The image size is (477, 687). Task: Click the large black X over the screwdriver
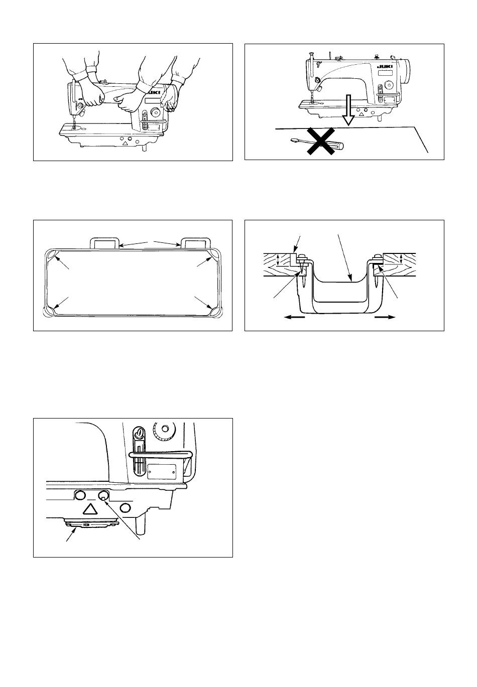coord(321,142)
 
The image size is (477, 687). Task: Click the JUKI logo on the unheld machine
coord(386,67)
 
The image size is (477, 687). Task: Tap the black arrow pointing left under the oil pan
coord(295,318)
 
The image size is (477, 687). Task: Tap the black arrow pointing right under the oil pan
coord(386,318)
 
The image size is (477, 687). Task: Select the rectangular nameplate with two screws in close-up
coord(162,471)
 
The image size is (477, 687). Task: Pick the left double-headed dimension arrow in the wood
coord(278,260)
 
